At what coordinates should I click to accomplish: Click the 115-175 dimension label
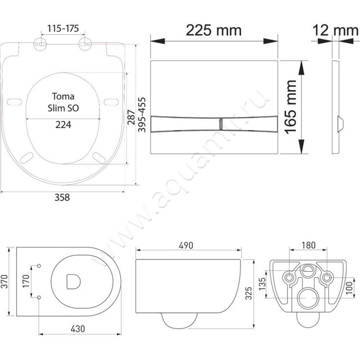pyautogui.click(x=63, y=28)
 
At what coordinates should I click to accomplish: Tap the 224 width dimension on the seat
pyautogui.click(x=63, y=125)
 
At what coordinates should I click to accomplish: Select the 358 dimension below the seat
pyautogui.click(x=62, y=198)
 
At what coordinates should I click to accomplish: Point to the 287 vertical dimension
pyautogui.click(x=131, y=117)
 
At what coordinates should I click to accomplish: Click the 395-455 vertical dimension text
pyautogui.click(x=142, y=115)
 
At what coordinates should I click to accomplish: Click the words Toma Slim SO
pyautogui.click(x=63, y=102)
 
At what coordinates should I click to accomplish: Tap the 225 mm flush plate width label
pyautogui.click(x=213, y=30)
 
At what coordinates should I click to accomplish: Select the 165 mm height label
pyautogui.click(x=290, y=107)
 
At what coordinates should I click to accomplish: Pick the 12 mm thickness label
pyautogui.click(x=335, y=30)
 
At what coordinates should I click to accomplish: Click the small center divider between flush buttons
pyautogui.click(x=220, y=124)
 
